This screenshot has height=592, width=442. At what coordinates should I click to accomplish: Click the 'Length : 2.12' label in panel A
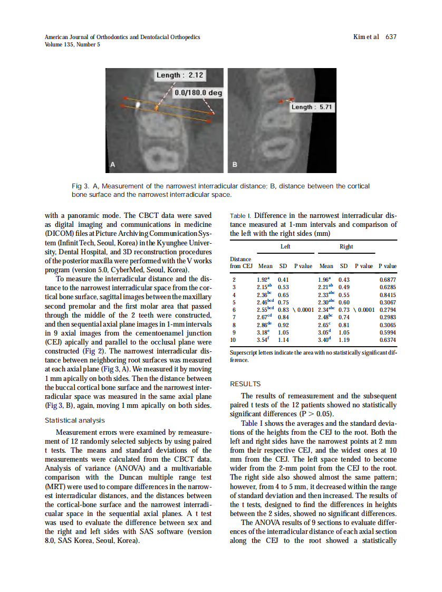(x=180, y=75)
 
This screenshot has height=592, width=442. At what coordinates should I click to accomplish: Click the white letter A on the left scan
(x=112, y=165)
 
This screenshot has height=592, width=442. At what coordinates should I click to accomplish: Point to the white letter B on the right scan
(x=235, y=165)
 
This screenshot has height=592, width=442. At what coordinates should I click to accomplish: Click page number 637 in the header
(x=391, y=37)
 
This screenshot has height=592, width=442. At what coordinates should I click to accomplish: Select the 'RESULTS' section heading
(x=245, y=384)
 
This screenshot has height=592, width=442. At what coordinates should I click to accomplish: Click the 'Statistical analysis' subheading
(x=75, y=421)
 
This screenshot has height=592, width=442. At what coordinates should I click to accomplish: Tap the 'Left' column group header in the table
(x=285, y=246)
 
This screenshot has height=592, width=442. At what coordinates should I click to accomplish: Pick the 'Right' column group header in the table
(x=347, y=246)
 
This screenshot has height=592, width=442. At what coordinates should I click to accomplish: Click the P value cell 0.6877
(x=388, y=280)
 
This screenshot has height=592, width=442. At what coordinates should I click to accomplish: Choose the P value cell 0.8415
(x=388, y=295)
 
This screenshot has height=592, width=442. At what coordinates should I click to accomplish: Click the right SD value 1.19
(x=344, y=341)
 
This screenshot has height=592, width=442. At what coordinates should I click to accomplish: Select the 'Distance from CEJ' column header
(x=241, y=263)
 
